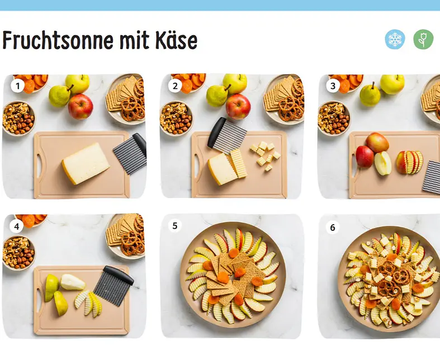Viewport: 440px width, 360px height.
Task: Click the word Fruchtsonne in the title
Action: point(58,40)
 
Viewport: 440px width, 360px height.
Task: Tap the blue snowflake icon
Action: point(395,39)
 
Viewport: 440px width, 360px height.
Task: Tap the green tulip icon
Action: point(423,39)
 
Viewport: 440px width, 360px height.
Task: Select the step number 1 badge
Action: point(18,86)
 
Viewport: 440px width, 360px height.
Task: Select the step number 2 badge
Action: point(176,86)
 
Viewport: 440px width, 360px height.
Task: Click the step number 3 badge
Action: point(333,86)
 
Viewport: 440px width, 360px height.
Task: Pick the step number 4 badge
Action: point(17,226)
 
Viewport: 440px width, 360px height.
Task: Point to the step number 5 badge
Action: point(175,226)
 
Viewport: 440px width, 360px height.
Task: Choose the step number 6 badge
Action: point(333,227)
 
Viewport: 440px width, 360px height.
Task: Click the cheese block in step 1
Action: point(86,163)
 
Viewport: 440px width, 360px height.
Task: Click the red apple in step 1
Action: point(81,107)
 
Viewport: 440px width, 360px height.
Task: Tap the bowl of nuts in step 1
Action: point(18,118)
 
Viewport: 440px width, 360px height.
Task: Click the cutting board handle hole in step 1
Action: point(40,166)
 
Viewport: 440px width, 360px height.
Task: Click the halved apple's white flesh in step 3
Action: point(383,163)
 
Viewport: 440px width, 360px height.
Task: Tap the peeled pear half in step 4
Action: point(73,282)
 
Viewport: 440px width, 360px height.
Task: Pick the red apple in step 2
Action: point(238,107)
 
